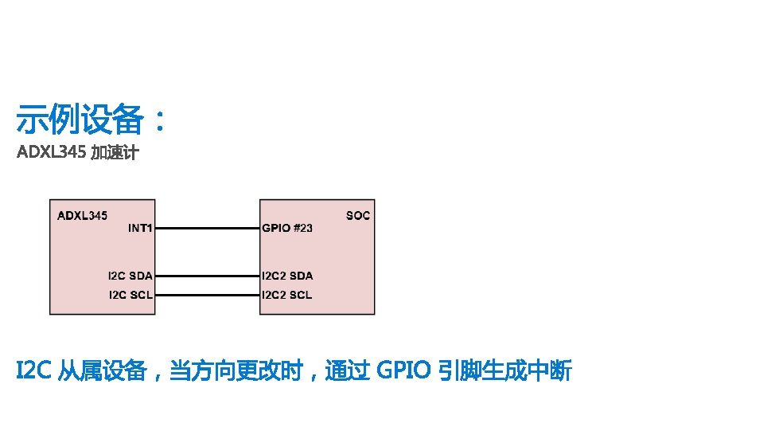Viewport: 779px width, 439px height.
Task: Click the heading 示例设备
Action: [x=80, y=121]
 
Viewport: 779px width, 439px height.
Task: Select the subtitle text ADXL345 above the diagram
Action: [x=51, y=153]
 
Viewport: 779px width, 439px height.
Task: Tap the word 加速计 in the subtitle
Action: [x=115, y=153]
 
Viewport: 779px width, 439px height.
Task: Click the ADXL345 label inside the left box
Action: [x=82, y=215]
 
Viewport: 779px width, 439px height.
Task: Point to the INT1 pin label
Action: [x=140, y=228]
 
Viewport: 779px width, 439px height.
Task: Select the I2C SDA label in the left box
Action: [x=130, y=276]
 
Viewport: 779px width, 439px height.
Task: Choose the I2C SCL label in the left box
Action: [x=130, y=295]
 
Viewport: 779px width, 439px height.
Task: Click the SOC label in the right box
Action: [x=358, y=215]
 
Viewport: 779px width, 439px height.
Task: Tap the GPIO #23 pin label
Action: [x=287, y=228]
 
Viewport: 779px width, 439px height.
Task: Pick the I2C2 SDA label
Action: [x=287, y=276]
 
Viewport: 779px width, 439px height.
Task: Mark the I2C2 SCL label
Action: [x=287, y=295]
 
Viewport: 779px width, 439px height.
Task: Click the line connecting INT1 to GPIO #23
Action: [x=207, y=228]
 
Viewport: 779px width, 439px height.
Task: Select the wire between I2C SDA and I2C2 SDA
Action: [x=207, y=276]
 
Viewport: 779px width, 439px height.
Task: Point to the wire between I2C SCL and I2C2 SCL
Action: [x=207, y=295]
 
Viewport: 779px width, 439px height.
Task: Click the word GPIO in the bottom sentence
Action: [x=403, y=370]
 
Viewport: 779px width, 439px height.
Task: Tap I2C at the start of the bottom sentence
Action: [x=34, y=370]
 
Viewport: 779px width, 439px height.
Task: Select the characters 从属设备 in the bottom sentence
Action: [x=103, y=370]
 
